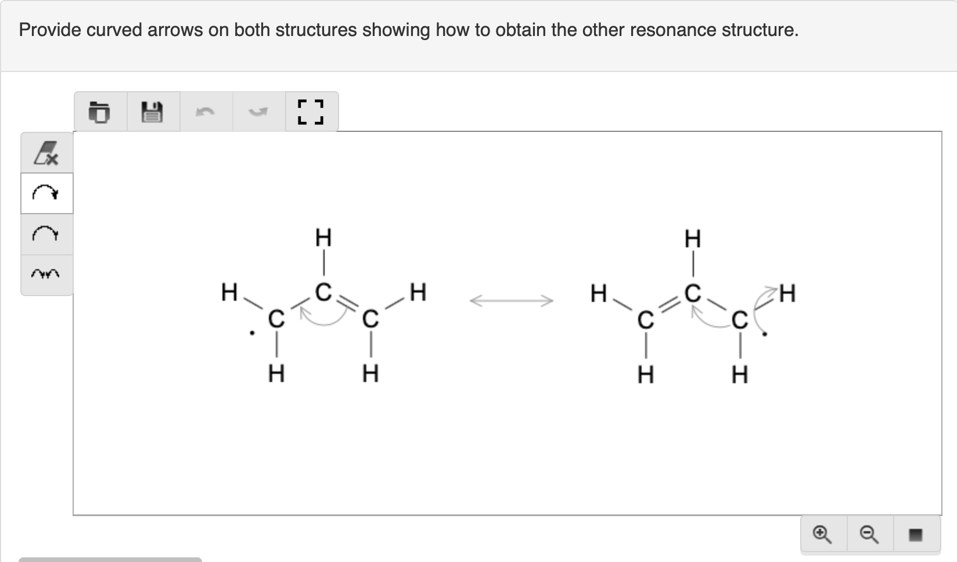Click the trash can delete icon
pos(100,111)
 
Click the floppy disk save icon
pos(153,111)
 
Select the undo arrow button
pos(205,111)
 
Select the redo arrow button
pos(258,111)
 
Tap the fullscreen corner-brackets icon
pos(311,111)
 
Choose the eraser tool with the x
pos(46,153)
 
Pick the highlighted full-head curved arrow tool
pos(46,193)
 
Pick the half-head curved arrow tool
pos(46,234)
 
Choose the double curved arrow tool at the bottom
pos(46,273)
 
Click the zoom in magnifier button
pos(822,534)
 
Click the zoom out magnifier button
pos(869,534)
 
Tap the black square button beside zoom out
pos(915,534)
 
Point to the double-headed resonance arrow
pos(511,300)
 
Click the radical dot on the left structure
pos(251,333)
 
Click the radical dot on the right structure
pos(765,334)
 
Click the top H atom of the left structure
pos(323,237)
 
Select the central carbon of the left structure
pos(323,291)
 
